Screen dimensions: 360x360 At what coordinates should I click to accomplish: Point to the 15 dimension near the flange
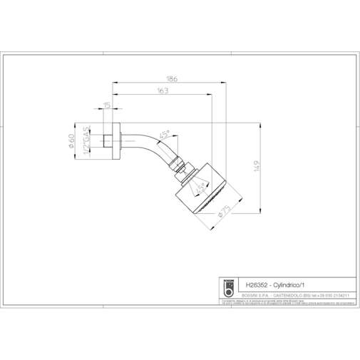tap(107, 108)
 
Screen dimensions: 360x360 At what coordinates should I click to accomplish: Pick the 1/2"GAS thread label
tap(86, 142)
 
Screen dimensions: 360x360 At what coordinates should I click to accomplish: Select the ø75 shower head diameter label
tap(224, 211)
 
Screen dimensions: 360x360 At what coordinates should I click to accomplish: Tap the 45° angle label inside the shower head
tap(202, 187)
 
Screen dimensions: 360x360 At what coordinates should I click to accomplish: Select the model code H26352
tap(257, 283)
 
